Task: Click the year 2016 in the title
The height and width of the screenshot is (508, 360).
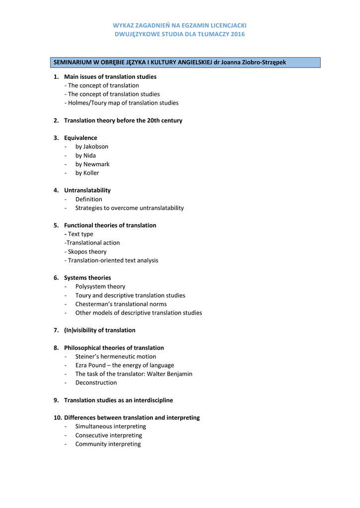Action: (x=237, y=34)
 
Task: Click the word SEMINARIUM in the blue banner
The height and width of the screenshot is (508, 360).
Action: (x=72, y=63)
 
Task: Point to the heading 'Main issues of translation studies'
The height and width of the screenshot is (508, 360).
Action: (x=110, y=77)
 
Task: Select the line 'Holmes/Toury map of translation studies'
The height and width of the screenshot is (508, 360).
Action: (x=123, y=103)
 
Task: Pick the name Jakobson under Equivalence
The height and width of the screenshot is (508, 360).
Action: (x=96, y=147)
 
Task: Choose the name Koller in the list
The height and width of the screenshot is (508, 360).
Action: (x=91, y=173)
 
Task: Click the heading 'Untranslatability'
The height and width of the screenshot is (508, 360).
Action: (x=87, y=190)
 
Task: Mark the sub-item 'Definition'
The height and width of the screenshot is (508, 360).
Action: (x=89, y=199)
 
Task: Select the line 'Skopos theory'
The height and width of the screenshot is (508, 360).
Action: (x=87, y=252)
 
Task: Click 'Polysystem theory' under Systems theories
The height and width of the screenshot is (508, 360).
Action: (x=100, y=287)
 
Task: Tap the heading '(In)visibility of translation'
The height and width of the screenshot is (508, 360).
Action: (x=100, y=330)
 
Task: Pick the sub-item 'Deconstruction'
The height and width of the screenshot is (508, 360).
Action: (x=96, y=383)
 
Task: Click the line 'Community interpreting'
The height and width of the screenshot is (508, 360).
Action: (x=108, y=444)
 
